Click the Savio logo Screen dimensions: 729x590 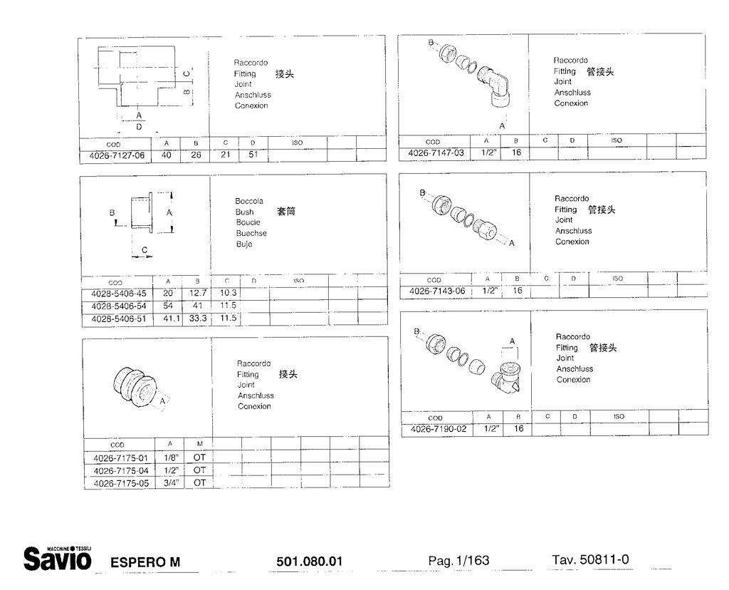[x=58, y=558]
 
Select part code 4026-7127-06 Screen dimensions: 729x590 [x=117, y=155]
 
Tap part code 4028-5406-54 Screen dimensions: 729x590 [x=119, y=306]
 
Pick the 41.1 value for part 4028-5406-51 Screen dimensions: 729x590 [x=171, y=319]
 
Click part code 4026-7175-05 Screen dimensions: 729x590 [x=121, y=483]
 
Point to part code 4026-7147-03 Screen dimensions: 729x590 [x=436, y=152]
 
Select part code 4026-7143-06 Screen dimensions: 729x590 [x=437, y=291]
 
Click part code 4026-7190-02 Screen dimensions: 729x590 [x=439, y=429]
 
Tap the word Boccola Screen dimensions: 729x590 [x=249, y=201]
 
